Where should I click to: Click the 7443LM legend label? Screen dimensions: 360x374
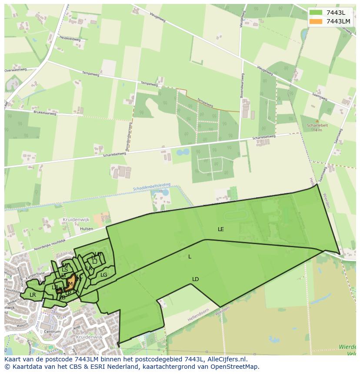coord(338,21)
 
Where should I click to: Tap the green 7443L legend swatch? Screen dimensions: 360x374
coord(316,12)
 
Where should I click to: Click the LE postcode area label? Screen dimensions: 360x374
coord(221,229)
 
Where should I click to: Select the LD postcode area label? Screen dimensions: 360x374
coord(195,279)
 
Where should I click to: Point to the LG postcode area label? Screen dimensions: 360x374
coord(104,275)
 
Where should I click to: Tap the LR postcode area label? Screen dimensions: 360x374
coord(33,295)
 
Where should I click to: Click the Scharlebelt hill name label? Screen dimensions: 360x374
coord(317,126)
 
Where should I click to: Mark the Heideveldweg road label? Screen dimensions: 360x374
coord(70,39)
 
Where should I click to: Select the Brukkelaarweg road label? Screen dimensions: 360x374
coord(45,112)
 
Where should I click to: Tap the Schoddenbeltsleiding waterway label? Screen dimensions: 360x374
coord(152,187)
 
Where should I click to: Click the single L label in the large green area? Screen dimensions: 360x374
coord(190,257)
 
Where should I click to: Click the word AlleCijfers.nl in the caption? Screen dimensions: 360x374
coord(226,359)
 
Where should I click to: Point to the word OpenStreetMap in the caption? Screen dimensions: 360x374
coord(235,367)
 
